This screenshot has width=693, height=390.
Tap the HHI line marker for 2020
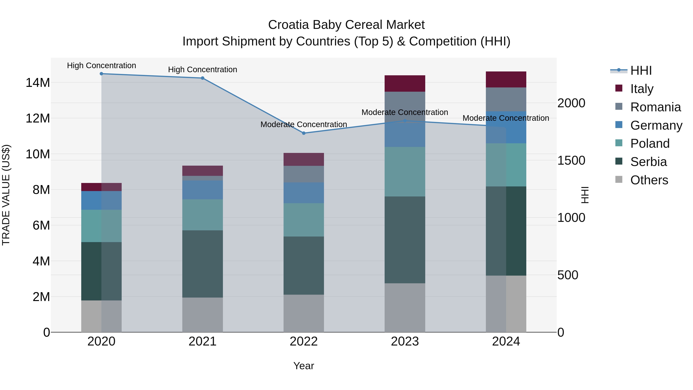tap(101, 74)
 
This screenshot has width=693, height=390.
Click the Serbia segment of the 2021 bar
tap(203, 264)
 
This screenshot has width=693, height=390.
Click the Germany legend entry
tap(656, 125)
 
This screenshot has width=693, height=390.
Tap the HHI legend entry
tap(641, 70)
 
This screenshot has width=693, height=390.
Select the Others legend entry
tap(649, 180)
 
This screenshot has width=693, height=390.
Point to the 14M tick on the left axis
tap(38, 83)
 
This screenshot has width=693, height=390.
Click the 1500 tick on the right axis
tap(571, 160)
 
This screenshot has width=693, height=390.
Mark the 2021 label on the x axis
tap(203, 341)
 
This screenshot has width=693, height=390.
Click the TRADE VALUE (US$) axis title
tap(6, 195)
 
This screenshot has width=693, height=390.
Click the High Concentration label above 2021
tap(203, 70)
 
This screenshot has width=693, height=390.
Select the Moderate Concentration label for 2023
tap(405, 112)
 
